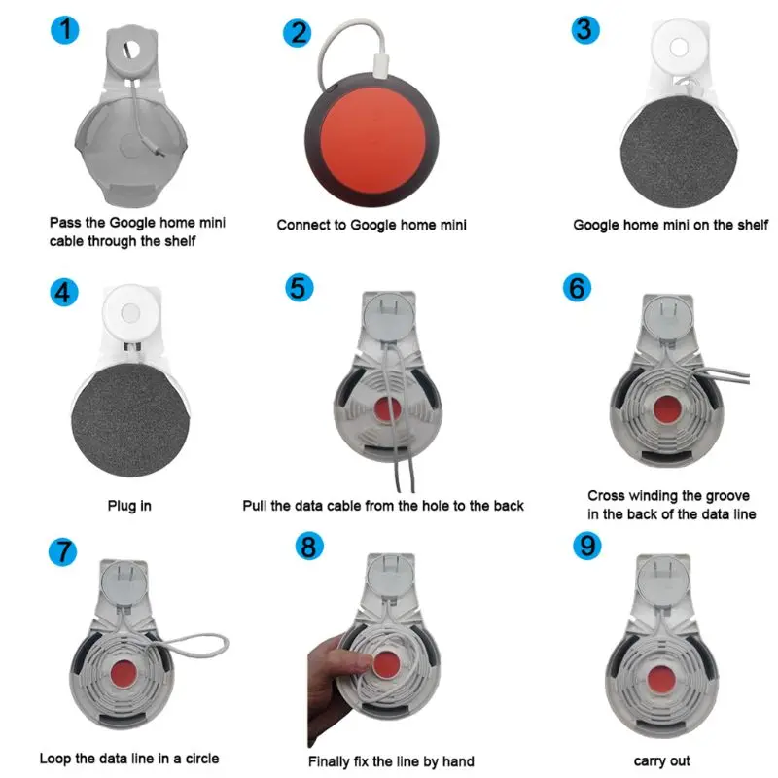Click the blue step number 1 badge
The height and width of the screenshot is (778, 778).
click(x=65, y=30)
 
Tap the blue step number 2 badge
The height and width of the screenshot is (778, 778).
click(x=298, y=33)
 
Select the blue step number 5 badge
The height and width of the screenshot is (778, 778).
click(x=300, y=287)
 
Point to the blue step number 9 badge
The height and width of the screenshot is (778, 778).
click(x=587, y=546)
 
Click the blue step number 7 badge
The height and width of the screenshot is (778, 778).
click(x=63, y=551)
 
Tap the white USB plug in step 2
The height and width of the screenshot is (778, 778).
click(x=381, y=65)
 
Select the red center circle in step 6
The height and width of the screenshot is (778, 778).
click(x=666, y=409)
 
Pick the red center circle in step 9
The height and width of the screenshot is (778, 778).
click(x=660, y=679)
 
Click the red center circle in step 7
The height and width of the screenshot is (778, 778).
click(x=124, y=674)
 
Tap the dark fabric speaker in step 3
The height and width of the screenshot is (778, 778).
click(x=678, y=152)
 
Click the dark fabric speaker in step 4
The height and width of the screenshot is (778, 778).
click(x=130, y=420)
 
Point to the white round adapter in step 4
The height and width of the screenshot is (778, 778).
click(x=131, y=312)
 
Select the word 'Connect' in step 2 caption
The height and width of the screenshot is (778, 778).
click(x=304, y=225)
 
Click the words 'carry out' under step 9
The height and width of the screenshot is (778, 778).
click(x=662, y=761)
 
